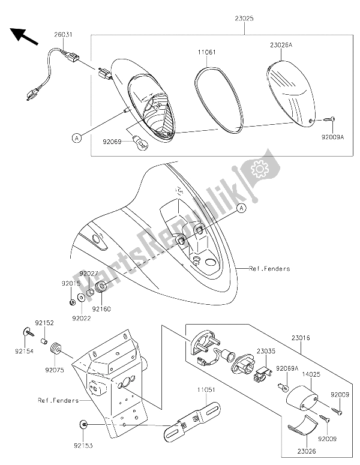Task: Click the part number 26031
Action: pos(63,34)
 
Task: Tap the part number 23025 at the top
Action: pos(244,19)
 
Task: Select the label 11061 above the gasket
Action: pos(206,52)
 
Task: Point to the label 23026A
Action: pos(281,46)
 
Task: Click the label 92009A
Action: pos(332,137)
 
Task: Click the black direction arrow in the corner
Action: pos(25,36)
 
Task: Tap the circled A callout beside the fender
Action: pos(242,208)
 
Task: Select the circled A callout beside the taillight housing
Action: pos(77,138)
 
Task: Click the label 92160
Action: pos(101,309)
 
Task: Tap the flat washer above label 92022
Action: pos(80,298)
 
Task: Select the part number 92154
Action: pos(25,351)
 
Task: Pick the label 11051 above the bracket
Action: pos(206,390)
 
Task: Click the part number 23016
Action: pos(301,337)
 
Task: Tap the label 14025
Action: pos(311,374)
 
